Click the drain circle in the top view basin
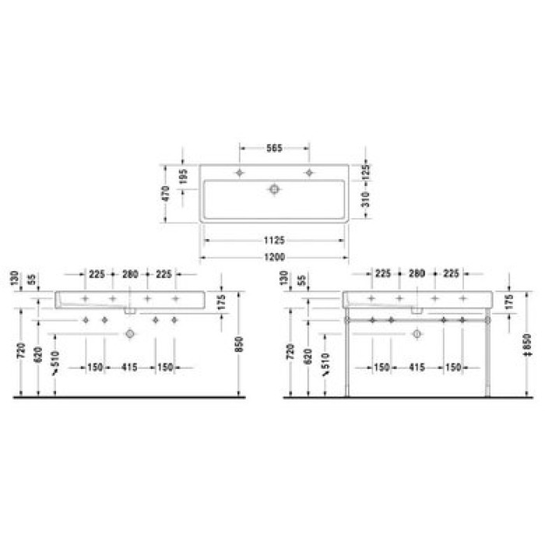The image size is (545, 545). pyautogui.click(x=274, y=188)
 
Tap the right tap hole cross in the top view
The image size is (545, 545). pyautogui.click(x=309, y=172)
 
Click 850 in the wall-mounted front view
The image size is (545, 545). pyautogui.click(x=240, y=343)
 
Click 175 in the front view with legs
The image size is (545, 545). pyautogui.click(x=509, y=302)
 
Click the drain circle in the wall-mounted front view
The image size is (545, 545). pyautogui.click(x=129, y=334)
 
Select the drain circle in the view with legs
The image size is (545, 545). pyautogui.click(x=417, y=334)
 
